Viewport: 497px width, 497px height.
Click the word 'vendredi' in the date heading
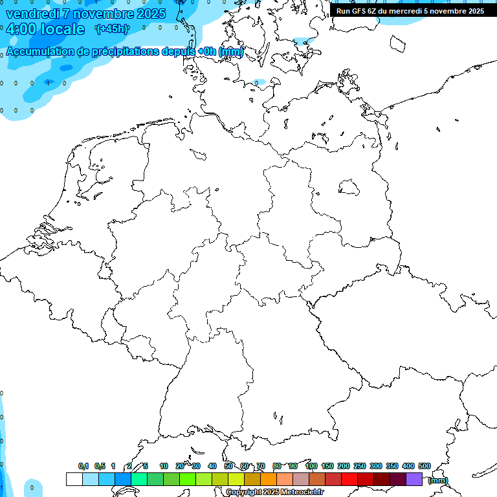(31, 14)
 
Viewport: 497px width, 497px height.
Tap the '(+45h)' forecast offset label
(111, 28)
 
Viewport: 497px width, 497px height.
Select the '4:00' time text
(21, 29)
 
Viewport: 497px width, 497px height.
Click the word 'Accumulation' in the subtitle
(40, 52)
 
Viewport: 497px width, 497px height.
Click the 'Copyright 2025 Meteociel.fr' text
(274, 492)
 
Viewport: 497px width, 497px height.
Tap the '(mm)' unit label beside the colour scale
(437, 480)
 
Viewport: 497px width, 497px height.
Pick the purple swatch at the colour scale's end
(414, 479)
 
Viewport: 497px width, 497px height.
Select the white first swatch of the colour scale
(74, 479)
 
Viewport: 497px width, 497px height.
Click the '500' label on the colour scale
(425, 466)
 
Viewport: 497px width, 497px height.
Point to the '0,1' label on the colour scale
(83, 466)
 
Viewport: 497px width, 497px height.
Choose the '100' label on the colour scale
(311, 466)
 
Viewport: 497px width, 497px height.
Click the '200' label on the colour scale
(344, 466)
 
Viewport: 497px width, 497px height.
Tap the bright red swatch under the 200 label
(349, 479)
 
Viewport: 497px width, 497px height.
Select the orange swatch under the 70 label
(269, 479)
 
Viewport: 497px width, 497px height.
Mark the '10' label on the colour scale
(164, 466)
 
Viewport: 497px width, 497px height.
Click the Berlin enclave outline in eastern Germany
(349, 187)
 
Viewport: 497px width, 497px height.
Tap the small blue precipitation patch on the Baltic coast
(259, 83)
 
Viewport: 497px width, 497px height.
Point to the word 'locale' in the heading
(61, 29)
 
